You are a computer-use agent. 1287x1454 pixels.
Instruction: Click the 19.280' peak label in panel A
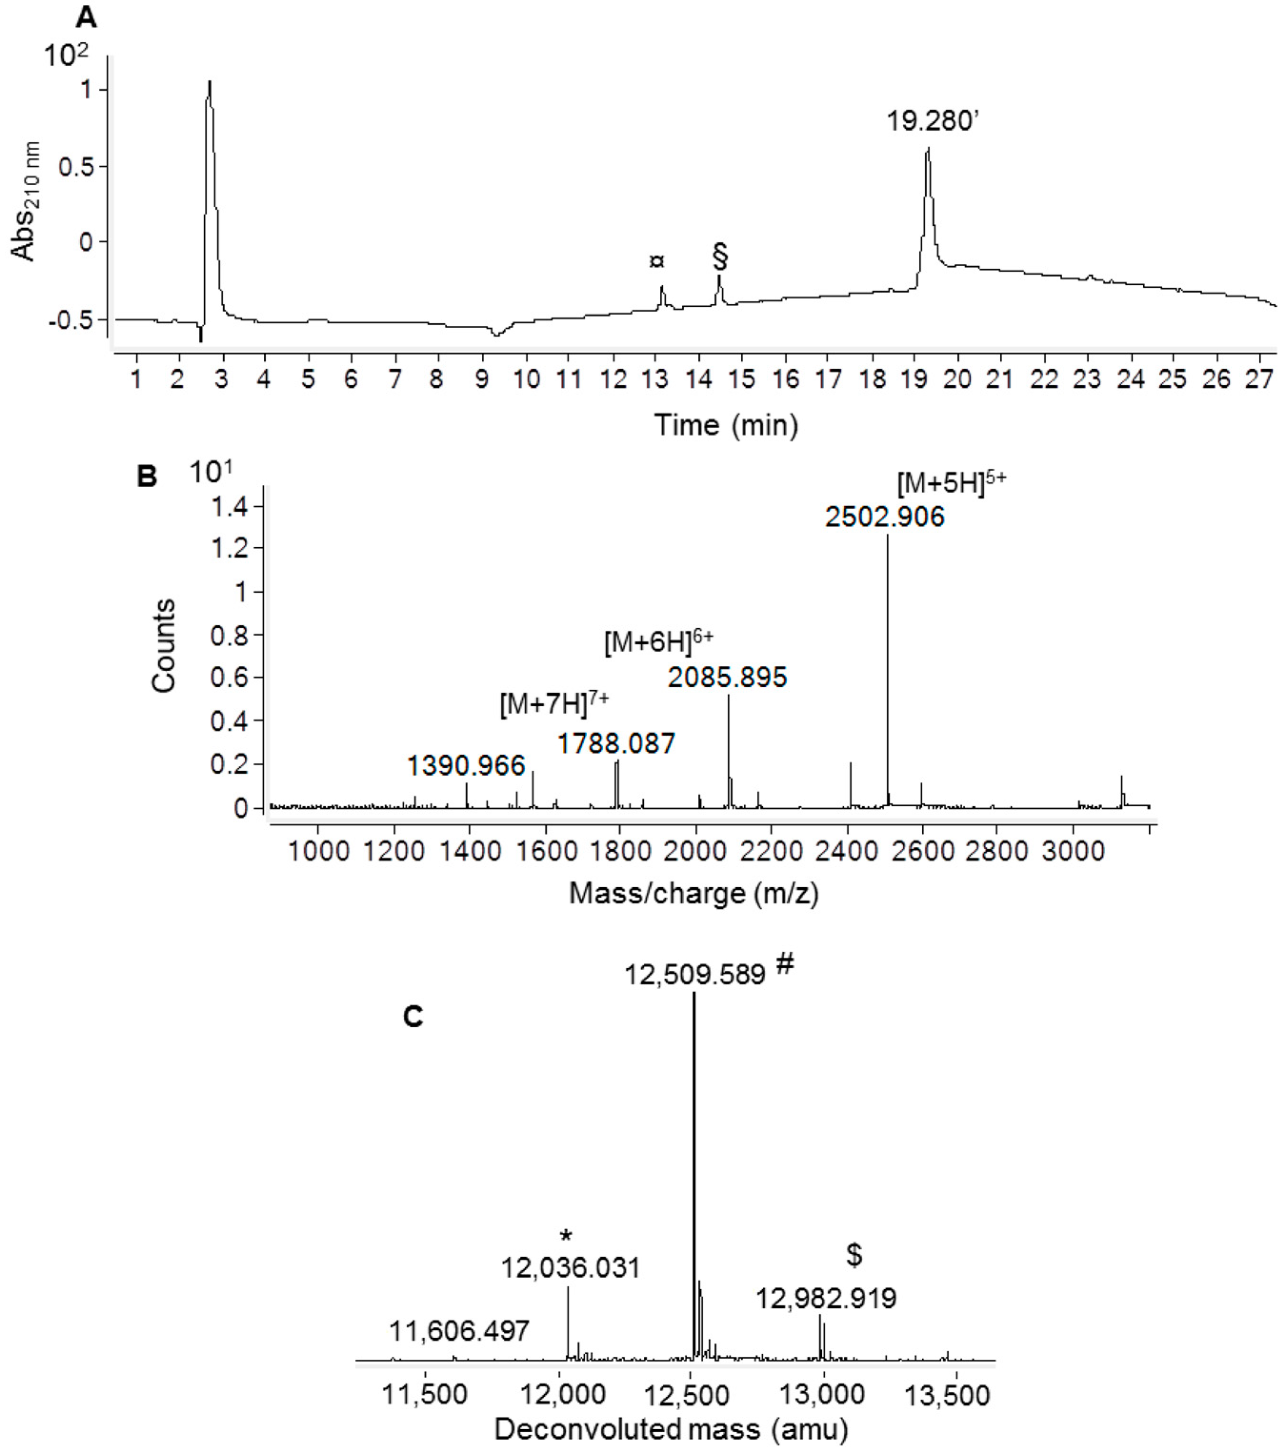click(x=933, y=121)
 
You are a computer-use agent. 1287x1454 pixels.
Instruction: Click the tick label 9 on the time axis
click(x=481, y=379)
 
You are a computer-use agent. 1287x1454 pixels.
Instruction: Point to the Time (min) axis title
click(x=726, y=425)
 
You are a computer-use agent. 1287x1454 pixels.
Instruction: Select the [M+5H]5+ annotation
click(x=951, y=484)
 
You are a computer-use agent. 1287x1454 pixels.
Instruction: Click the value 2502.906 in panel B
click(x=885, y=517)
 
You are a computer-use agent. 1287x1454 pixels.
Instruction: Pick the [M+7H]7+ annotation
click(x=554, y=704)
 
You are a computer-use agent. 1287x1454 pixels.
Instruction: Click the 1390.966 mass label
click(x=466, y=766)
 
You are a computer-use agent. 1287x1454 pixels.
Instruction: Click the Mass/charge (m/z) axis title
click(x=694, y=893)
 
